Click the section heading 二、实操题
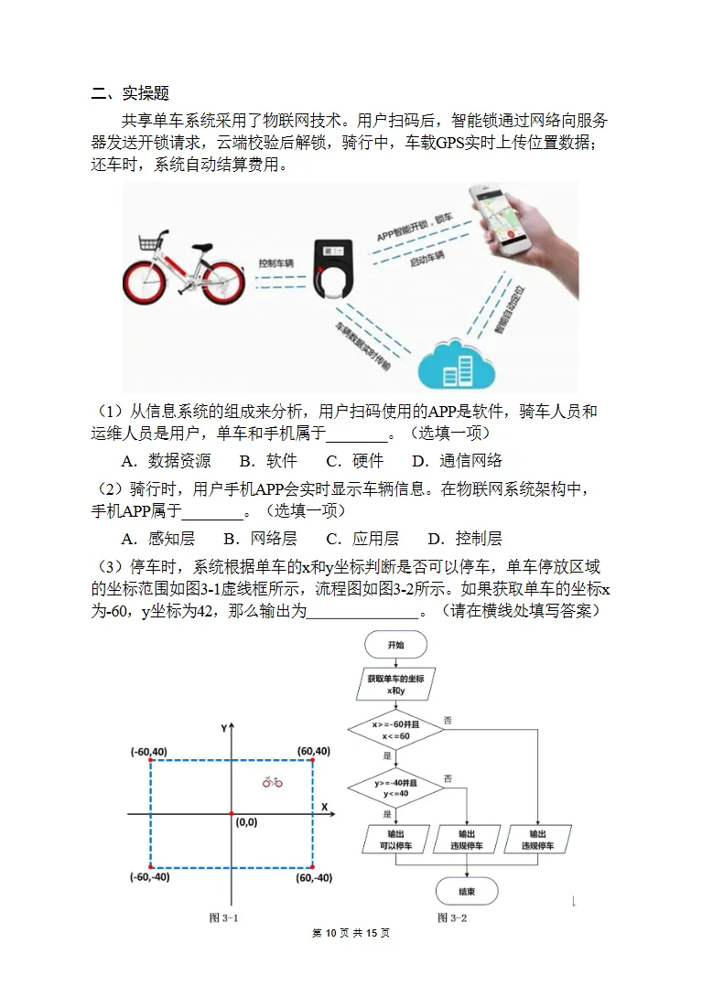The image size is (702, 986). click(131, 93)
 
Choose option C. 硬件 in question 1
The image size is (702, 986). click(355, 460)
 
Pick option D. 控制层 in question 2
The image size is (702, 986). click(465, 538)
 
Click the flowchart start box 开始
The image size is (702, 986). click(395, 645)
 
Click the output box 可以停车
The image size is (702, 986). click(395, 840)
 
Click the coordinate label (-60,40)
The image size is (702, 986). click(149, 751)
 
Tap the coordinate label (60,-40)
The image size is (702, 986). click(314, 877)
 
